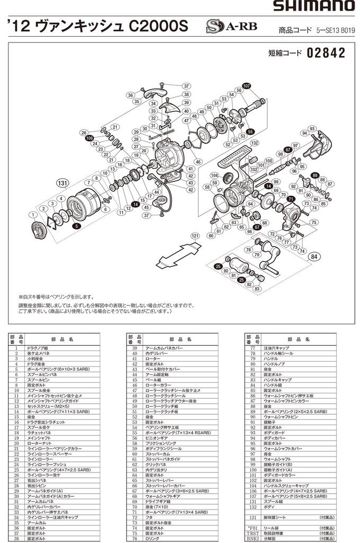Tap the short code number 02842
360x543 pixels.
point(326,53)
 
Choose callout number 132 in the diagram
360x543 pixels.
point(254,143)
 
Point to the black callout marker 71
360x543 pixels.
point(290,199)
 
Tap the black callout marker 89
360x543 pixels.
point(314,176)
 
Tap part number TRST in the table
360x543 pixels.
point(252,533)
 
